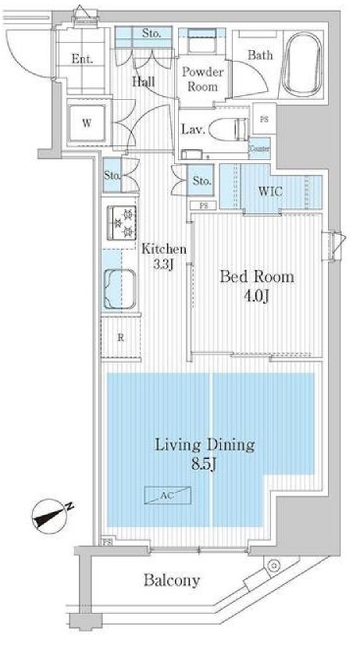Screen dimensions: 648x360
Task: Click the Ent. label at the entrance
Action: pyautogui.click(x=82, y=58)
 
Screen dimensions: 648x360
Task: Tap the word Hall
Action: pyautogui.click(x=142, y=81)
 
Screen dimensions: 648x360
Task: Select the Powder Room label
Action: pyautogui.click(x=202, y=79)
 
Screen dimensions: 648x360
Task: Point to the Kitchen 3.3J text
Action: pyautogui.click(x=164, y=257)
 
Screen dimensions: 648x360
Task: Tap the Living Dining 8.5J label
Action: pyautogui.click(x=204, y=453)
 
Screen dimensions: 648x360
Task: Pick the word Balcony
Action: pyautogui.click(x=172, y=580)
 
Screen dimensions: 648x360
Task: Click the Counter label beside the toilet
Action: pyautogui.click(x=260, y=147)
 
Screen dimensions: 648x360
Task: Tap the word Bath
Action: pyautogui.click(x=260, y=55)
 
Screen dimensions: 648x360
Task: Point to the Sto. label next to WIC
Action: pyautogui.click(x=201, y=181)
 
